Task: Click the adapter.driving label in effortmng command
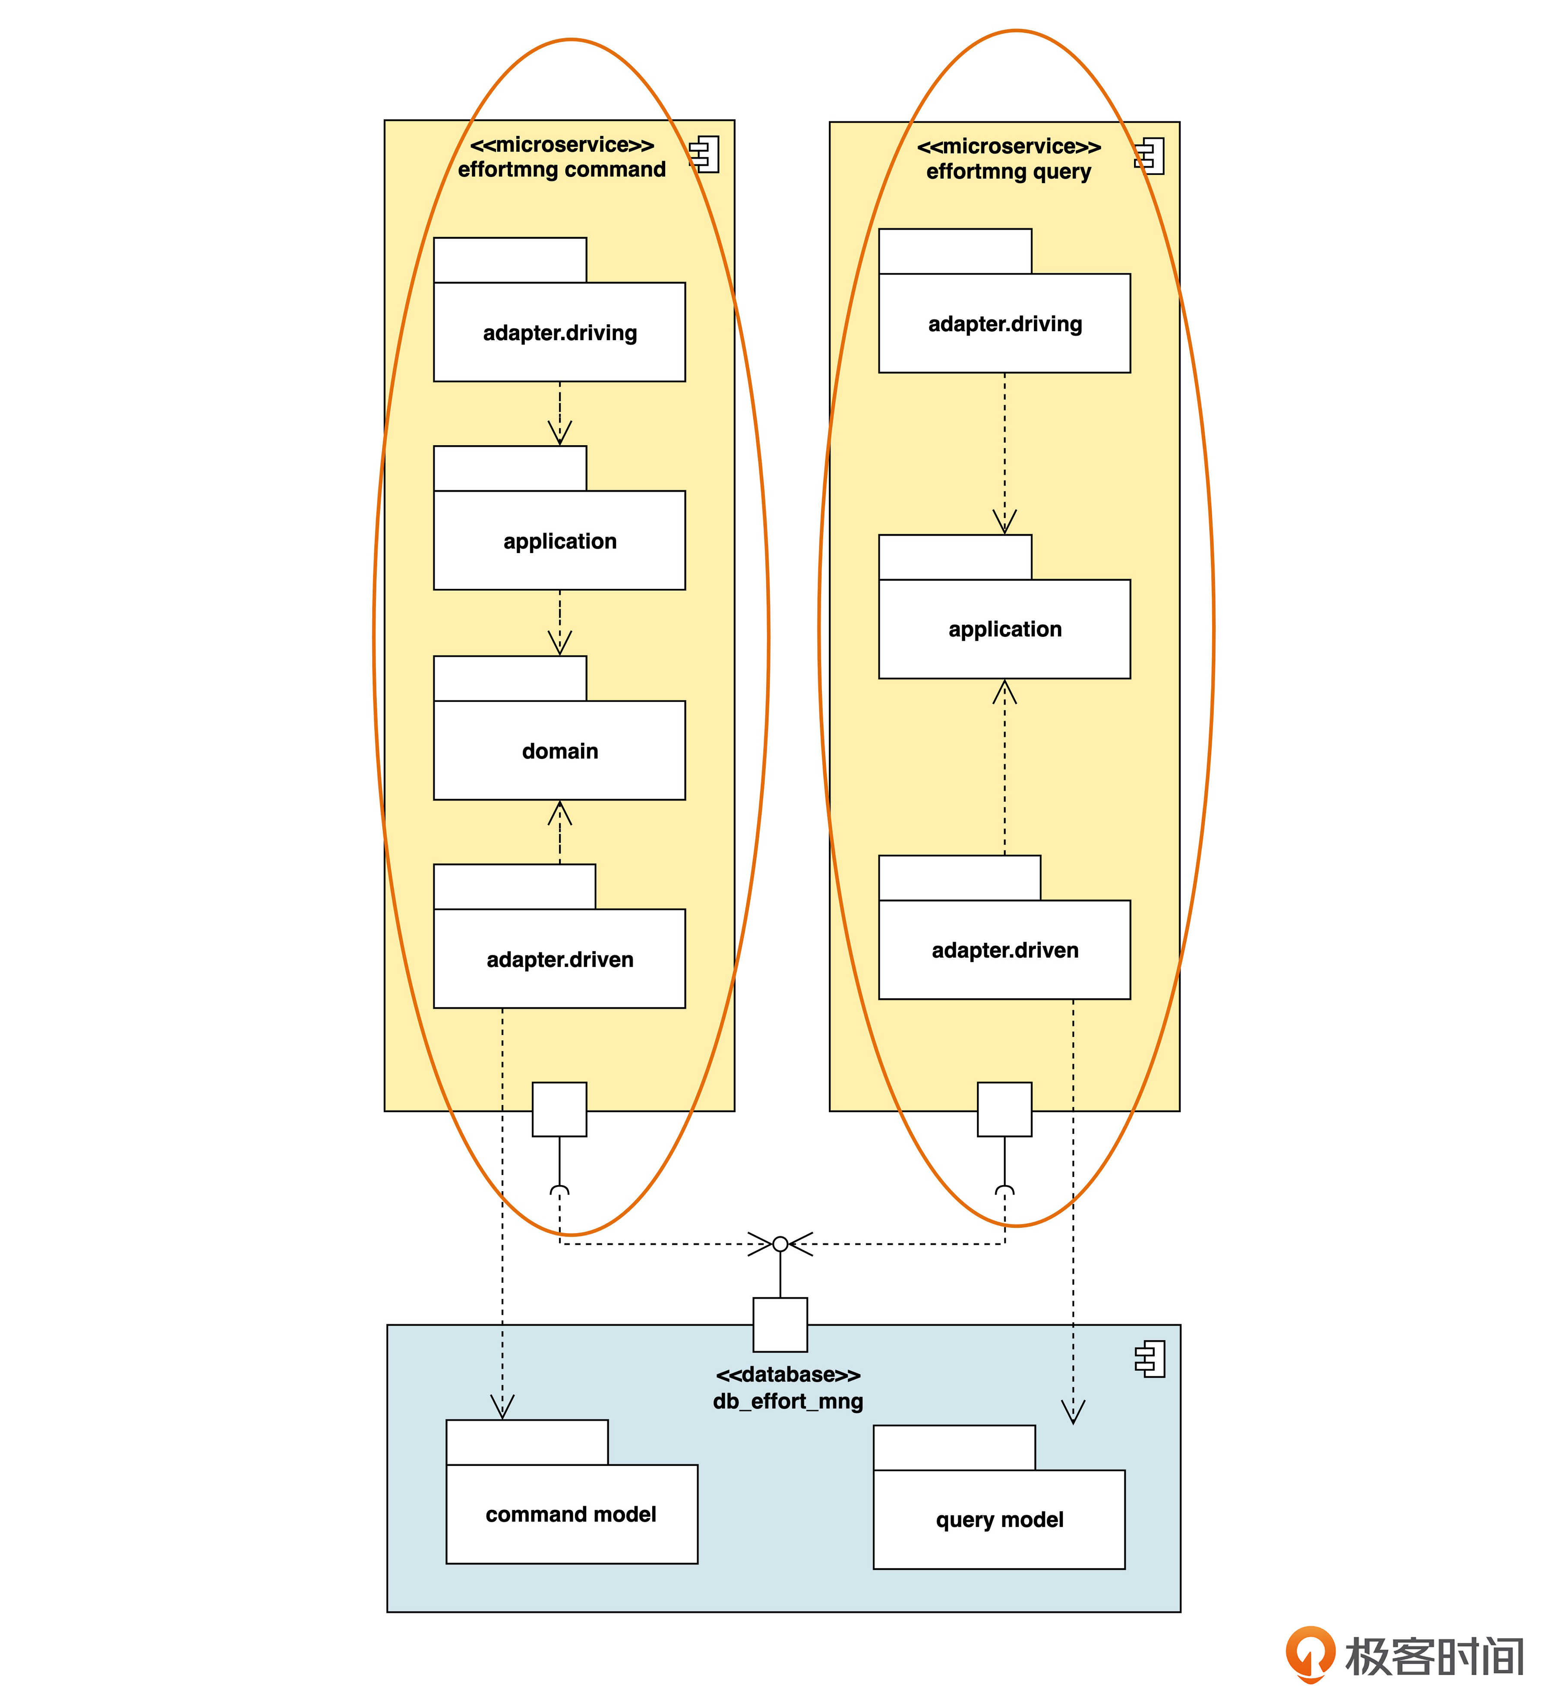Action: pyautogui.click(x=560, y=333)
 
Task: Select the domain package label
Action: pyautogui.click(x=560, y=752)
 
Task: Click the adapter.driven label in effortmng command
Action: pyautogui.click(x=560, y=960)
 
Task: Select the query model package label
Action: pyautogui.click(x=999, y=1520)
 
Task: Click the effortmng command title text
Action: pyautogui.click(x=562, y=169)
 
